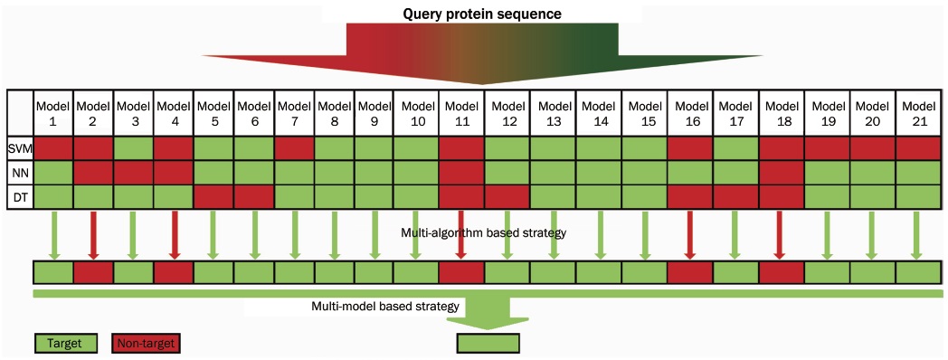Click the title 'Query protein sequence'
[x=481, y=13]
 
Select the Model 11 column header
[x=461, y=112]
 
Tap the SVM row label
[x=20, y=147]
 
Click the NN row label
[x=20, y=173]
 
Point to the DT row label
[x=20, y=197]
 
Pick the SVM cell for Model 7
[x=294, y=147]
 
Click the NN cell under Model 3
[x=134, y=173]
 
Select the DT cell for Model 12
[x=507, y=197]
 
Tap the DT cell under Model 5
[x=213, y=197]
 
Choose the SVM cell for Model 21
[x=917, y=147]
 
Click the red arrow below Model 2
[x=93, y=235]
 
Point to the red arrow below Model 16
[x=690, y=235]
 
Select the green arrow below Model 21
[x=917, y=235]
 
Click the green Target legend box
[x=67, y=344]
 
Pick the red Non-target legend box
[x=146, y=344]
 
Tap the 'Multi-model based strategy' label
[x=385, y=306]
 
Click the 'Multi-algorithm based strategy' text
[x=483, y=232]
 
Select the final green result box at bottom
[x=488, y=344]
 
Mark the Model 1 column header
[x=53, y=112]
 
